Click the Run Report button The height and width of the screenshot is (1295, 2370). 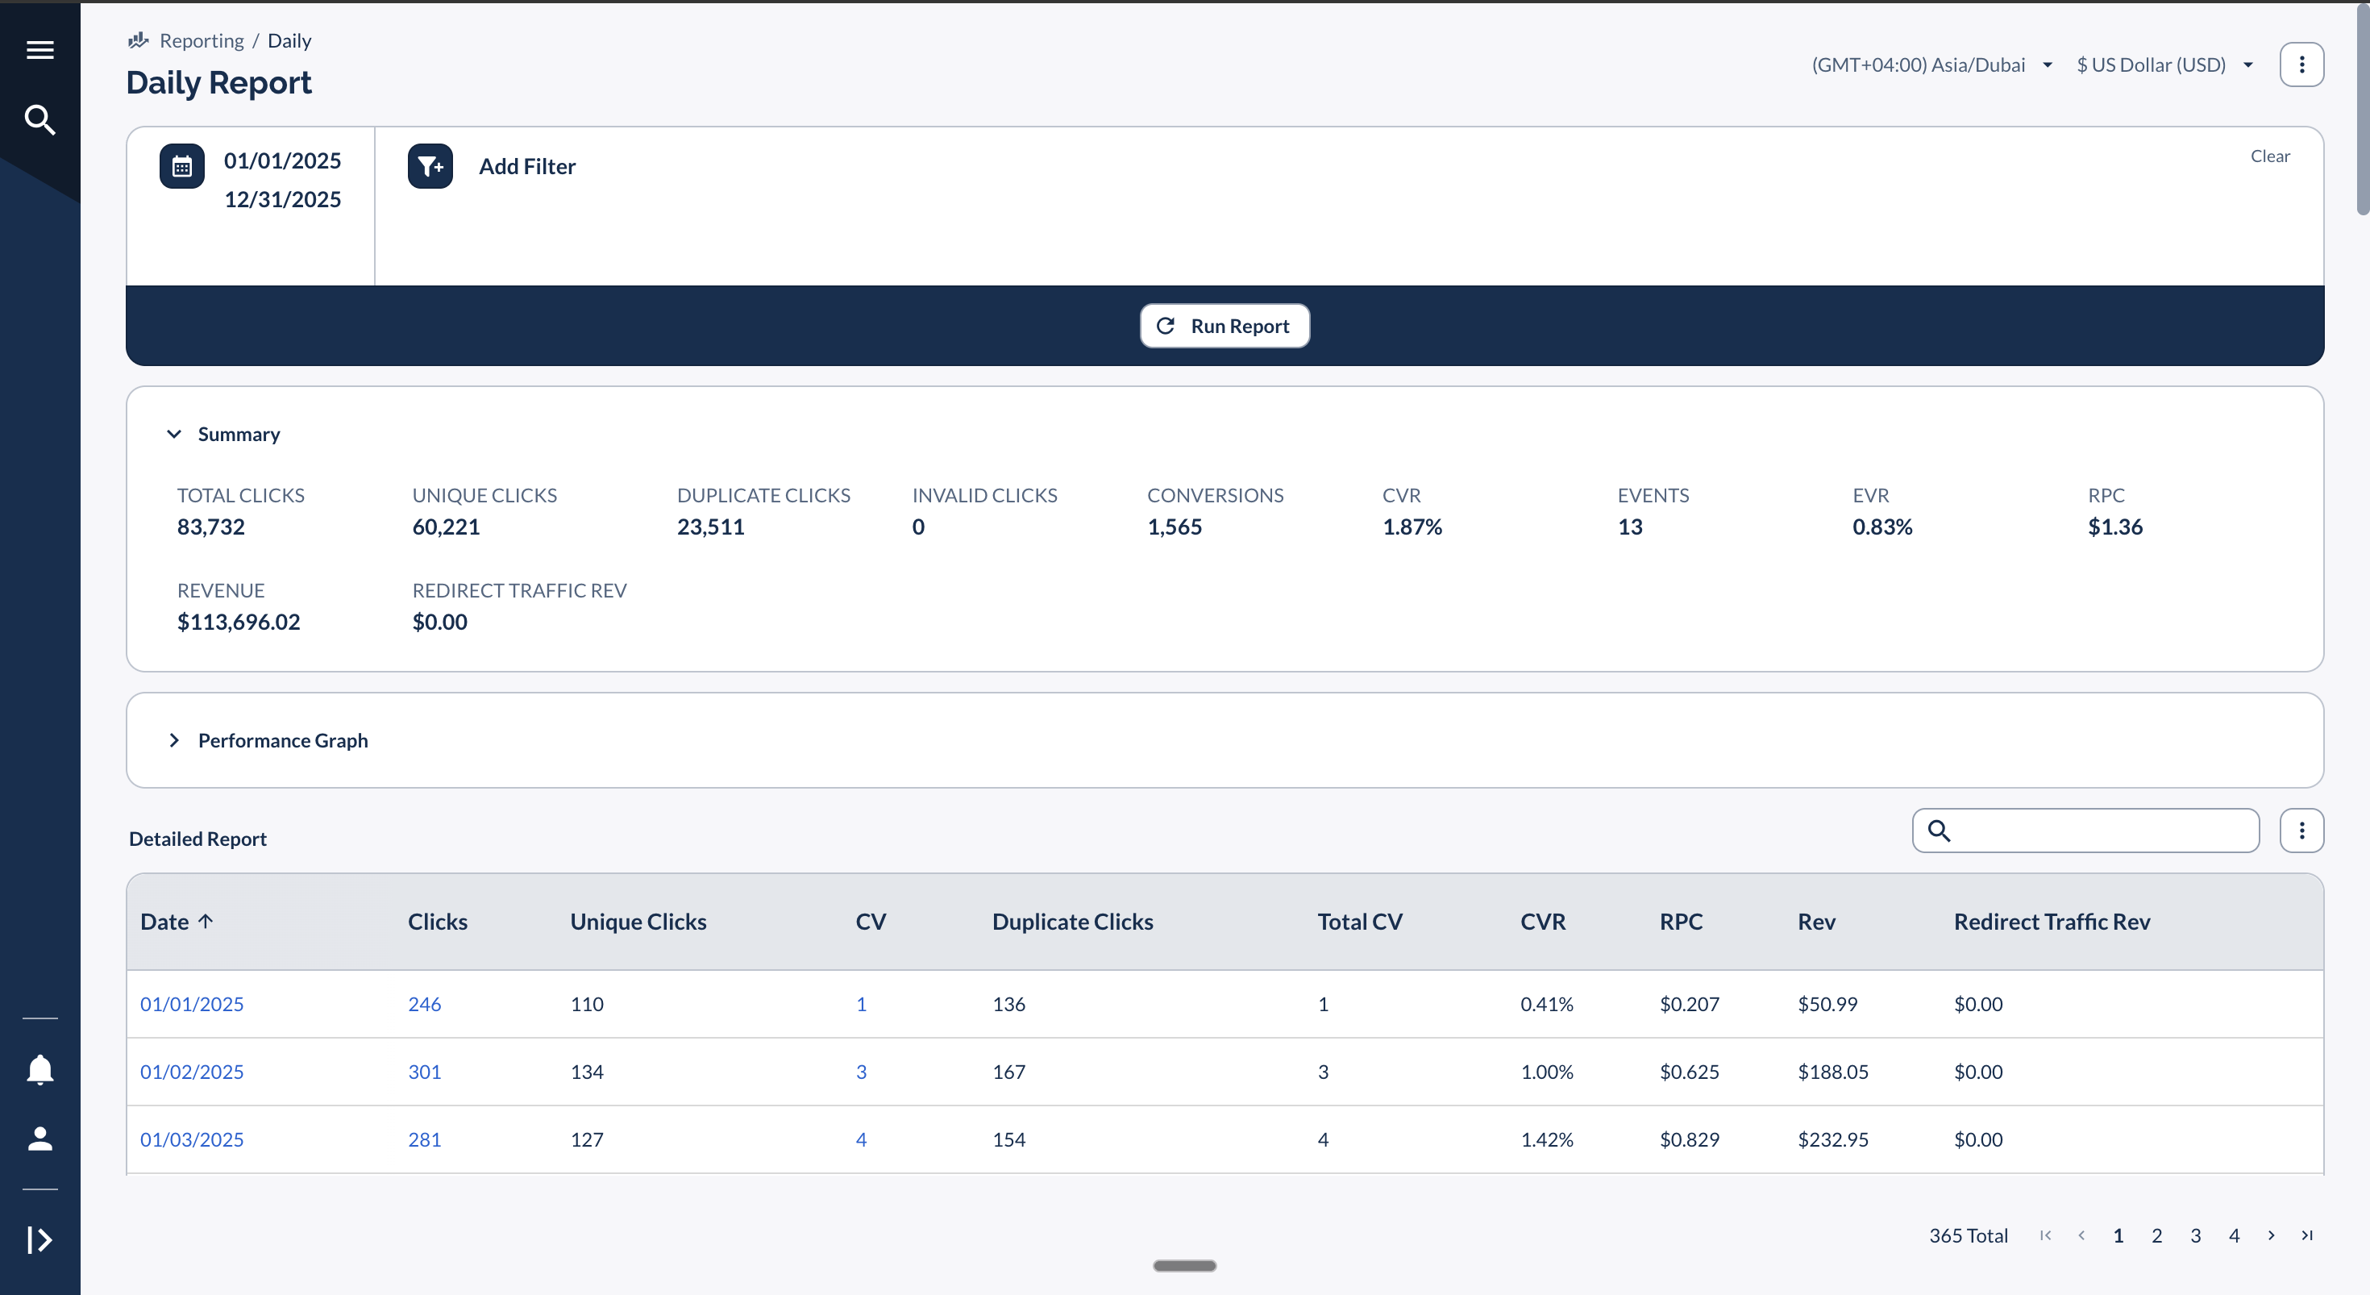click(x=1224, y=326)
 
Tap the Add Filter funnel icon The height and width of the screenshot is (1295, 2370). click(x=430, y=167)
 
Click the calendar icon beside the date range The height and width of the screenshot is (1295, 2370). click(x=181, y=167)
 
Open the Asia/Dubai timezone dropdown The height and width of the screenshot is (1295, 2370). click(x=1931, y=65)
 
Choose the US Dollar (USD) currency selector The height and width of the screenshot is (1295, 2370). click(x=2163, y=65)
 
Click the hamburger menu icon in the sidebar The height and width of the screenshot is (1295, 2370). click(x=39, y=50)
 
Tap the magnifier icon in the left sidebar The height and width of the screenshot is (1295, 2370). click(x=39, y=119)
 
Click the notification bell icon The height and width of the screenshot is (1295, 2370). click(x=39, y=1069)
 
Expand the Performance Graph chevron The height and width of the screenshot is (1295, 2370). click(x=174, y=741)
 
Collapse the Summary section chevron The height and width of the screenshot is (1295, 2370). click(x=174, y=435)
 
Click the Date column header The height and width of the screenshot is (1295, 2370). click(x=165, y=922)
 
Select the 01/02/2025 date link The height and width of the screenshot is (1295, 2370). click(x=191, y=1072)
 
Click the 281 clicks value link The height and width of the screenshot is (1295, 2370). click(x=424, y=1139)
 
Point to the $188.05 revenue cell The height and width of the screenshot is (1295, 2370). click(x=1832, y=1072)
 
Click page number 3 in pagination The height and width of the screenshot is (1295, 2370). click(x=2195, y=1236)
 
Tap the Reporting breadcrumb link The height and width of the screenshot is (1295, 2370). click(x=202, y=40)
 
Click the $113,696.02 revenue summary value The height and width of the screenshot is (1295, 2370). click(x=239, y=623)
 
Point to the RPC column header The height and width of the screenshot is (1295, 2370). click(x=1681, y=922)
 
